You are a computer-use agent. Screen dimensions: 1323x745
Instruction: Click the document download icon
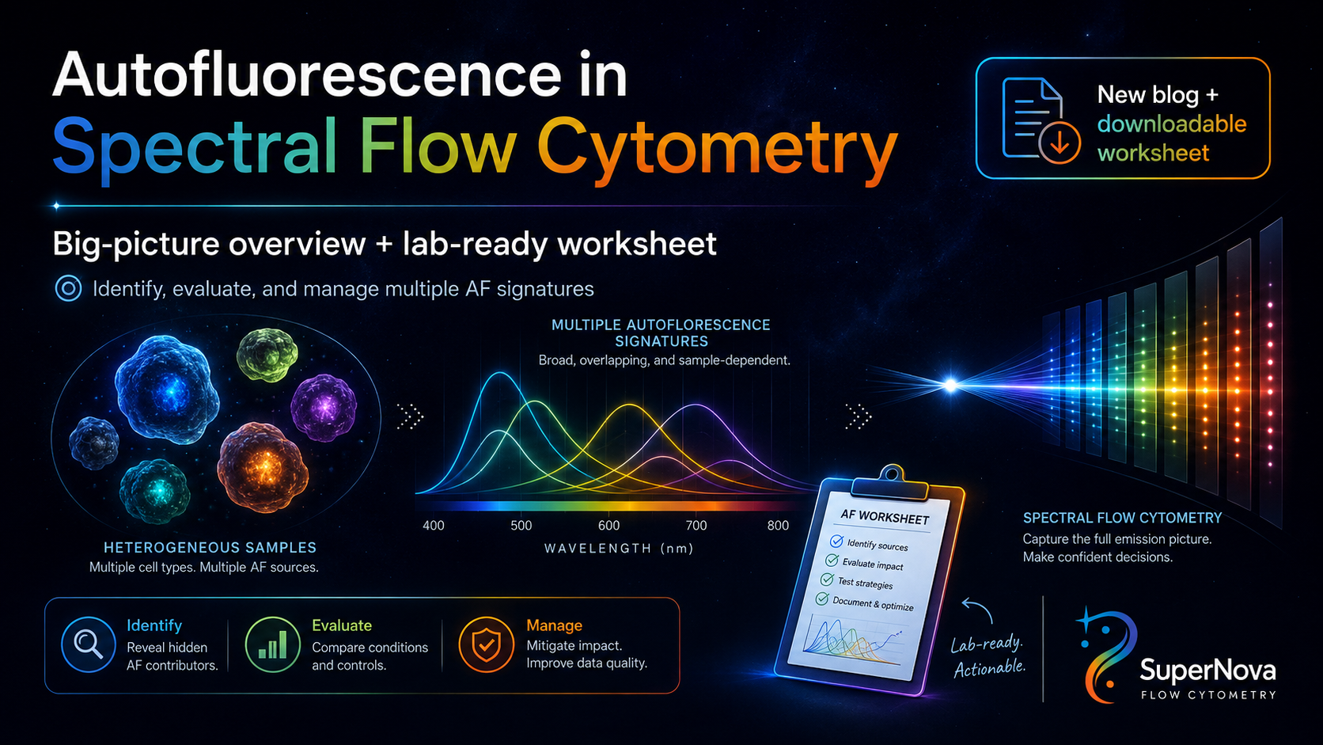[x=1041, y=120]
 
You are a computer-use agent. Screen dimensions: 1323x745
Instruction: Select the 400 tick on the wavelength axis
[x=434, y=525]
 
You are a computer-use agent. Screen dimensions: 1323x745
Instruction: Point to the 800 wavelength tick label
[x=778, y=525]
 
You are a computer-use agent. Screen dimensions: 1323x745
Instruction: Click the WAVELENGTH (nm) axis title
[x=619, y=549]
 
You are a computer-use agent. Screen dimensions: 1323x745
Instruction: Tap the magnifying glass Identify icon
[x=88, y=644]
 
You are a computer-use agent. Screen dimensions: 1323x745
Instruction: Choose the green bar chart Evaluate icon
[x=272, y=644]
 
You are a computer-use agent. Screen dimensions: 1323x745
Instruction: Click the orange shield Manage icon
[x=486, y=644]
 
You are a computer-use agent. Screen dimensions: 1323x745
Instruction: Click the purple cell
[x=324, y=407]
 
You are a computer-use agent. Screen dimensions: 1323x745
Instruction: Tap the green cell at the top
[x=267, y=354]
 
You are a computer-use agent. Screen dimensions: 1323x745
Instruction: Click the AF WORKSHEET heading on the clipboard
[x=885, y=517]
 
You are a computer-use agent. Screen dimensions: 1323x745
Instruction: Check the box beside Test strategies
[x=827, y=580]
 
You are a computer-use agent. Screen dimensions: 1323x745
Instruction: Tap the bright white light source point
[x=950, y=386]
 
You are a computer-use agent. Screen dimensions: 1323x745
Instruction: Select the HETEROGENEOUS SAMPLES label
[x=210, y=548]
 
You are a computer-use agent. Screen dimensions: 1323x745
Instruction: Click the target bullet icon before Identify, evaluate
[x=69, y=289]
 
